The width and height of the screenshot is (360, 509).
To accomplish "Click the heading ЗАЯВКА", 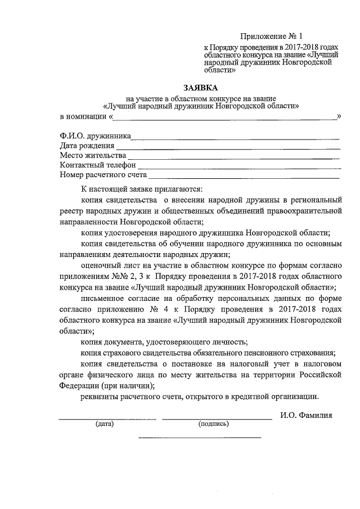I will (200, 88).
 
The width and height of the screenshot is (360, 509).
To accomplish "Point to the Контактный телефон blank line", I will (239, 167).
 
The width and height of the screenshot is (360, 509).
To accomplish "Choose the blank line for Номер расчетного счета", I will (244, 177).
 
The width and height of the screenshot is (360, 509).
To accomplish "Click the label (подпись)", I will (213, 424).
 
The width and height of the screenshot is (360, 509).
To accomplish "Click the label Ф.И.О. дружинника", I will (95, 136).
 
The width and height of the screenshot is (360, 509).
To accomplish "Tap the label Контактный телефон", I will (97, 165).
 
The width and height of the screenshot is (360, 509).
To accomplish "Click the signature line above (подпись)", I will (216, 418).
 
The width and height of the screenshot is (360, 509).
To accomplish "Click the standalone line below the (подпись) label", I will (200, 437).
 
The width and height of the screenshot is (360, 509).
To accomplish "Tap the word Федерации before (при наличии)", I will (79, 386).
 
